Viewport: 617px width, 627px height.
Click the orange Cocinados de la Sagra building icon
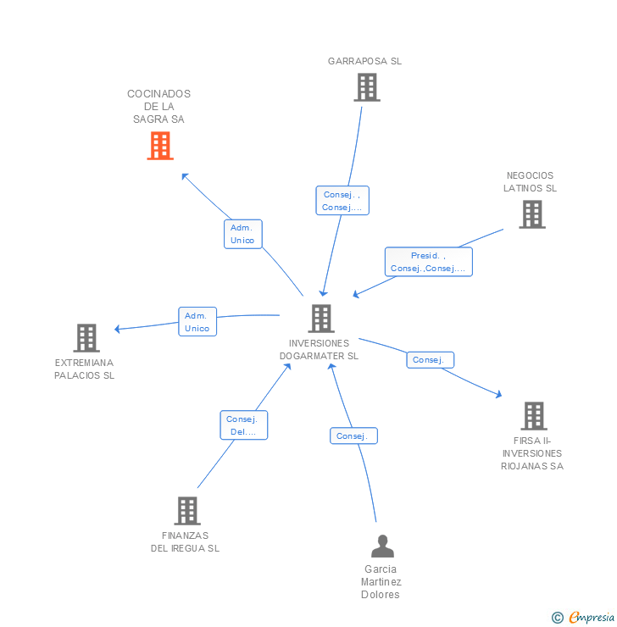[159, 146]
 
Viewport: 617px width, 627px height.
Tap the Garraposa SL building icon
[366, 87]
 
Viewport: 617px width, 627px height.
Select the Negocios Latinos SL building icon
[531, 214]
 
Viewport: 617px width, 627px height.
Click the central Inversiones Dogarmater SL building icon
[320, 319]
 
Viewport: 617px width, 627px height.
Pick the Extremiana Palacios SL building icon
[86, 338]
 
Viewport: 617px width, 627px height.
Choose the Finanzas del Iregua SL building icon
[187, 511]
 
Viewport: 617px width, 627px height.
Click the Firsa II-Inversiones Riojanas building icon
[533, 416]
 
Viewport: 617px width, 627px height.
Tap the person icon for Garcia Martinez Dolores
[382, 547]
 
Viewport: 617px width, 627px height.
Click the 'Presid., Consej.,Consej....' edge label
[428, 262]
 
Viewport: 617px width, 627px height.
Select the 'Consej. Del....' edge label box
[244, 425]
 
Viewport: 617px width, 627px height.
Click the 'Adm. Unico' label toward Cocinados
[242, 234]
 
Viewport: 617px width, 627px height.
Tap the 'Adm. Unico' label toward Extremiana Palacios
[197, 322]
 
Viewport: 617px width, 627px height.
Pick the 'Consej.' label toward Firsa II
[430, 360]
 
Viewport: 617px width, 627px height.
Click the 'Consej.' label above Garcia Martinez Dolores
[353, 436]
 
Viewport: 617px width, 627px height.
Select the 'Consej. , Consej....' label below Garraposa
[342, 201]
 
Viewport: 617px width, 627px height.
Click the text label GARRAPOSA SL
[365, 61]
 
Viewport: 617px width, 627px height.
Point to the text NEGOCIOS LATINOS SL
[531, 182]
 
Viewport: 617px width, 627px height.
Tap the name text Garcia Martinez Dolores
[381, 582]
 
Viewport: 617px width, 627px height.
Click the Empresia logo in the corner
[583, 618]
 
